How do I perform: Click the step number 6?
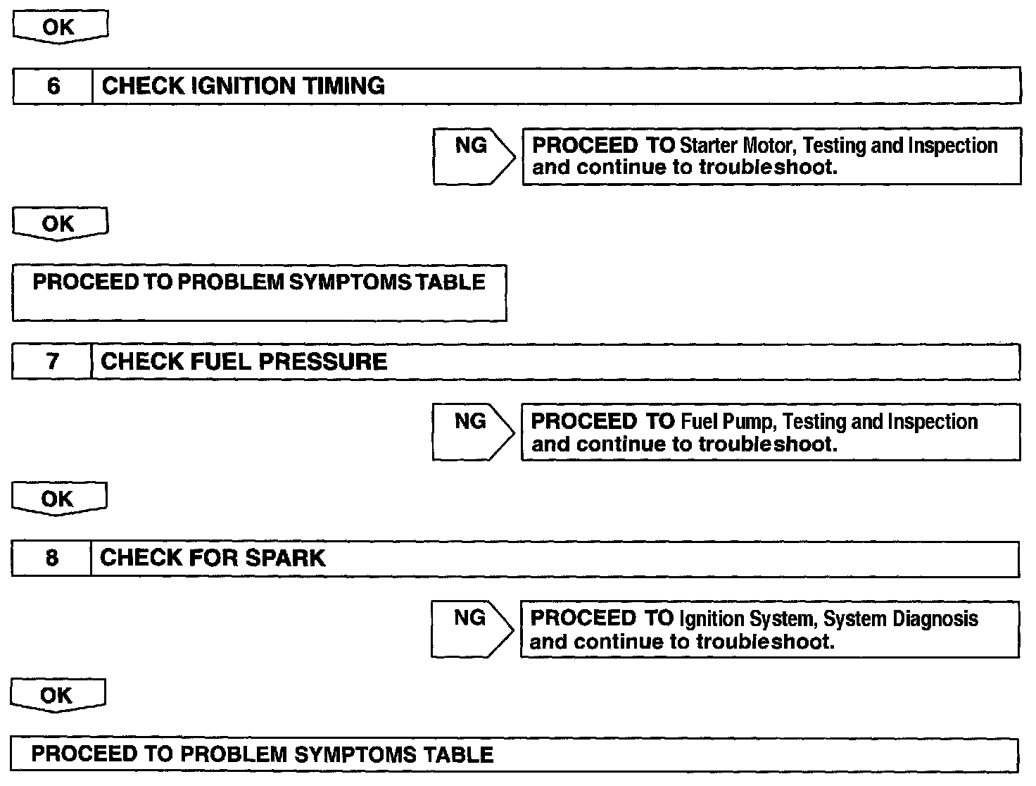[53, 86]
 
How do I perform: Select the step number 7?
[52, 361]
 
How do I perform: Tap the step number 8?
[51, 559]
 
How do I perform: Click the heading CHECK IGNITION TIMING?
[243, 86]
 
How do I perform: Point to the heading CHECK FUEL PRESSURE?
[244, 361]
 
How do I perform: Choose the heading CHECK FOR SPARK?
[212, 558]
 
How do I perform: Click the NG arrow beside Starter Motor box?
[472, 156]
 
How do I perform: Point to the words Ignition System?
[747, 619]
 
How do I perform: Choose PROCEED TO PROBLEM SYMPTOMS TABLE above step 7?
[259, 282]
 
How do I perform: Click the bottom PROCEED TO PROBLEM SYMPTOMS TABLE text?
[262, 755]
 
